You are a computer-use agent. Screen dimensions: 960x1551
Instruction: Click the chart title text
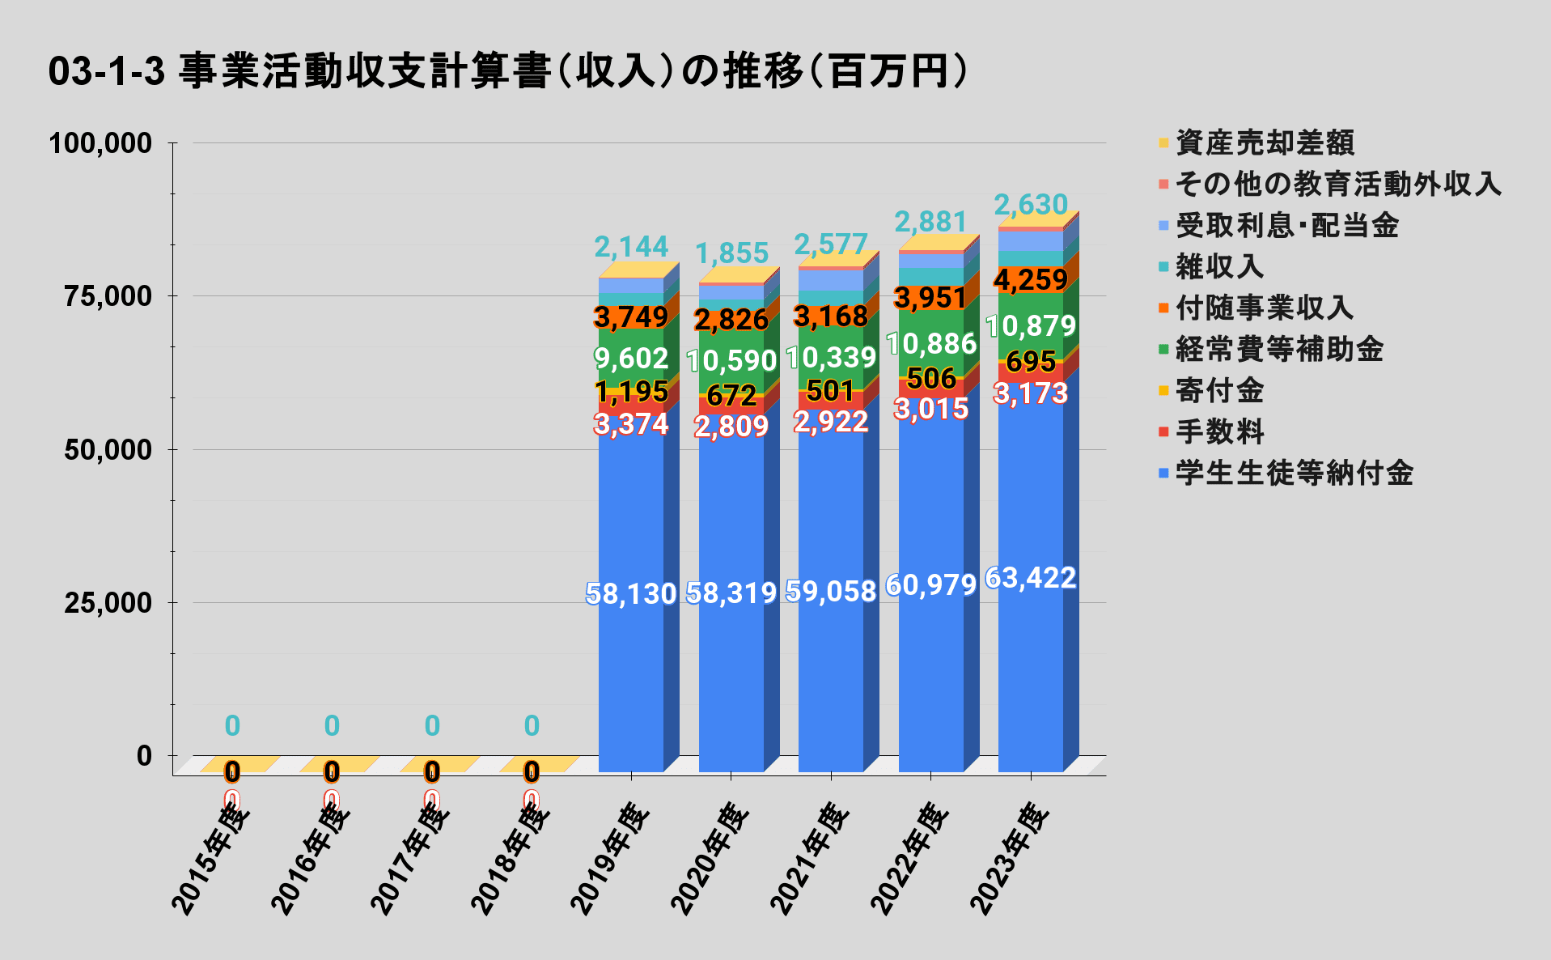click(x=508, y=71)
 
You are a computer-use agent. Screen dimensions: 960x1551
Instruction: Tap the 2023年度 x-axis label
click(x=1010, y=858)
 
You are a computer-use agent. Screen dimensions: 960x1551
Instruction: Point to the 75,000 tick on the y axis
click(x=108, y=296)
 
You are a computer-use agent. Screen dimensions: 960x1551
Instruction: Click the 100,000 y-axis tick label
click(x=100, y=143)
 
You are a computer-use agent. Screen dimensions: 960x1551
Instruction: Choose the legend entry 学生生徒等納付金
click(x=1294, y=473)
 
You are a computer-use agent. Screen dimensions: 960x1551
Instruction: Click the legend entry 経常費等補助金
click(x=1278, y=349)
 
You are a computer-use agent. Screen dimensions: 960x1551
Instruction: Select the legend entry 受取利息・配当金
click(x=1286, y=225)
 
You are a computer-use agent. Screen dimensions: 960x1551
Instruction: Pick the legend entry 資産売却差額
click(x=1265, y=142)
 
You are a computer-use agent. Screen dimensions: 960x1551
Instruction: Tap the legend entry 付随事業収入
click(x=1264, y=308)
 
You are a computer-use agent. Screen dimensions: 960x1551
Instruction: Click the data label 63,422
click(x=1031, y=578)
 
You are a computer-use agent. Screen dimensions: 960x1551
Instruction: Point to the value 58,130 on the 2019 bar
click(x=631, y=594)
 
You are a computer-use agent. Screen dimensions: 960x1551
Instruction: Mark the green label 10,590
click(x=732, y=360)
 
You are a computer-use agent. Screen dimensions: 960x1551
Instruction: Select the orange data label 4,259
click(x=1031, y=280)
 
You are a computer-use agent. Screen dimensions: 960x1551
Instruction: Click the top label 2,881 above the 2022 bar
click(x=930, y=222)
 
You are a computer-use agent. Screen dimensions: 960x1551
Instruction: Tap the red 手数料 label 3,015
click(x=930, y=409)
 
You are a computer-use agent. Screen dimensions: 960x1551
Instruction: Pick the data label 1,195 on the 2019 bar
click(x=631, y=392)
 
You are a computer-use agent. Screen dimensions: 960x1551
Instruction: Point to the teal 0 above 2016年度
click(x=332, y=726)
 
